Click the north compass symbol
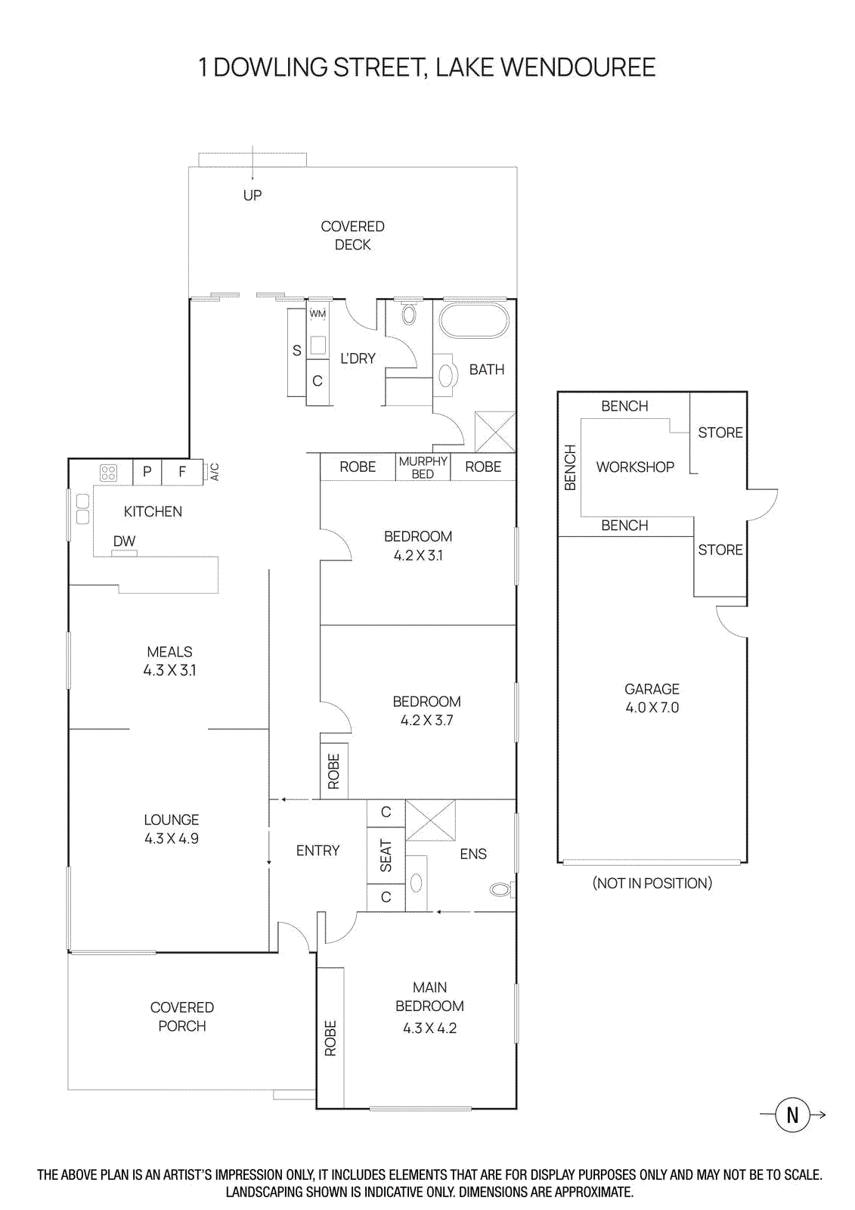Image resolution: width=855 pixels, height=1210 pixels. click(x=792, y=1115)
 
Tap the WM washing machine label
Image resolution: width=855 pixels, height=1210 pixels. click(x=318, y=314)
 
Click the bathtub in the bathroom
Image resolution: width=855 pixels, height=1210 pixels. click(x=474, y=321)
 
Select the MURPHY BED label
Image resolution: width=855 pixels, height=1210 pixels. click(x=423, y=467)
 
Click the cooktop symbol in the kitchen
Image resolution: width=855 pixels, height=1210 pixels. click(x=109, y=473)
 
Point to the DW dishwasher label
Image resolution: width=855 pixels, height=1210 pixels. click(x=124, y=541)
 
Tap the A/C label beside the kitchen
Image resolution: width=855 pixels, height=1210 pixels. click(x=215, y=472)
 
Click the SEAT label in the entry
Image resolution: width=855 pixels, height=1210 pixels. click(x=386, y=855)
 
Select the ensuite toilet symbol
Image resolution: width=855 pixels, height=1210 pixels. click(x=500, y=889)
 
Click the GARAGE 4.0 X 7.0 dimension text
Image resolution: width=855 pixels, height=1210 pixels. click(x=652, y=708)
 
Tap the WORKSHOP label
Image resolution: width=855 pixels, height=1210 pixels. click(x=635, y=467)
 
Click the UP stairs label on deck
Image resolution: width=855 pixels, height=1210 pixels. click(x=252, y=195)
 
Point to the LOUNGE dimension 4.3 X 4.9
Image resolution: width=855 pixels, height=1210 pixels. click(x=172, y=839)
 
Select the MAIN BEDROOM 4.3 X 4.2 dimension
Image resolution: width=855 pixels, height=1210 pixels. click(x=429, y=1028)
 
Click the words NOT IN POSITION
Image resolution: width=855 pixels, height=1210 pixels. click(x=652, y=883)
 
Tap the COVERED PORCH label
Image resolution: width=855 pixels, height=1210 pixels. click(x=182, y=1016)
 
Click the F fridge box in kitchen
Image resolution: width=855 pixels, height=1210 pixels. click(x=182, y=472)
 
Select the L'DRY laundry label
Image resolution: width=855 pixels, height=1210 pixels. click(x=358, y=358)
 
